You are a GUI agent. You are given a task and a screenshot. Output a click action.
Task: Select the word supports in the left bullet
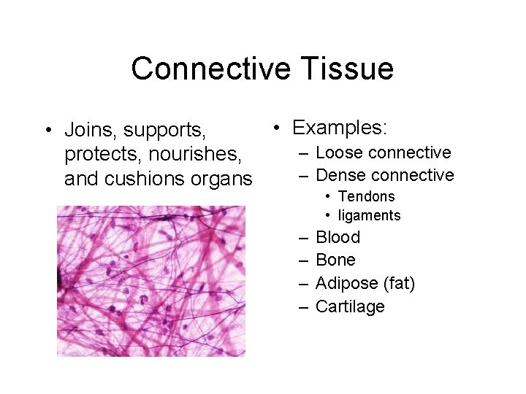(165, 131)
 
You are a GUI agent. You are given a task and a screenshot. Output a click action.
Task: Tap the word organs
(222, 179)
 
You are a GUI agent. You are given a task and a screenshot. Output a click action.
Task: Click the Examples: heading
(340, 128)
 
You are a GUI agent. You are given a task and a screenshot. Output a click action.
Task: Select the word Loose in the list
(336, 152)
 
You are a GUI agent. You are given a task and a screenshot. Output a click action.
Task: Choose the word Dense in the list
(338, 175)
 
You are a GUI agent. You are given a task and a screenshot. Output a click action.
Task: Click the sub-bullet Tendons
(366, 196)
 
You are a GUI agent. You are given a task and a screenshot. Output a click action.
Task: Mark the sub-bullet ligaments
(369, 215)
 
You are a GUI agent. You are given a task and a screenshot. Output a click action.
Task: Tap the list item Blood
(338, 237)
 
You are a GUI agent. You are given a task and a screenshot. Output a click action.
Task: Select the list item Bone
(335, 260)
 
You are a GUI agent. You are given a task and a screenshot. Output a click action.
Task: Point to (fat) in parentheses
(398, 283)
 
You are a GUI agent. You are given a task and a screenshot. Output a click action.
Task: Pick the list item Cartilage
(350, 306)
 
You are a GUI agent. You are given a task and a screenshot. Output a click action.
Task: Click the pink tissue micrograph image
(151, 281)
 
